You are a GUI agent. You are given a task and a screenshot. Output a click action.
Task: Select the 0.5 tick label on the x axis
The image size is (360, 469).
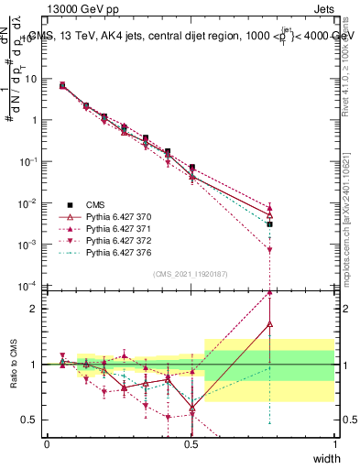click(191, 444)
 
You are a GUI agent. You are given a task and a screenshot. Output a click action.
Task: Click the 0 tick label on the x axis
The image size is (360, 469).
click(47, 444)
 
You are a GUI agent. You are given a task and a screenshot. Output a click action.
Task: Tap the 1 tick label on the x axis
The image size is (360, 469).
click(335, 444)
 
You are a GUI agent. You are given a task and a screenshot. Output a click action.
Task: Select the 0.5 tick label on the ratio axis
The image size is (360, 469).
click(32, 420)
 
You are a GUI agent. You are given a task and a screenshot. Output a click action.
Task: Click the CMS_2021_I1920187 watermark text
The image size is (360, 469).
click(190, 274)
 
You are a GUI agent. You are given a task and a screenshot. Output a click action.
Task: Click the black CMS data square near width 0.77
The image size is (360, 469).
click(269, 224)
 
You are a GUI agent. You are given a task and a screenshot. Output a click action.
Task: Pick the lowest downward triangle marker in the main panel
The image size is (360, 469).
click(269, 249)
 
